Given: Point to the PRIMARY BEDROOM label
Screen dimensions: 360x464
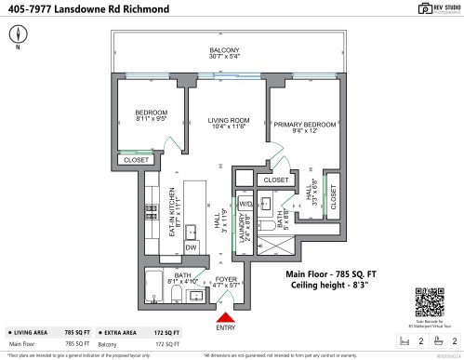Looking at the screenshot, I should click(304, 124).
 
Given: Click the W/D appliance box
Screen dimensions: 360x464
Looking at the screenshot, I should click(245, 203).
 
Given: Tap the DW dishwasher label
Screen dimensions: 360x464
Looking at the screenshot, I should click(190, 247).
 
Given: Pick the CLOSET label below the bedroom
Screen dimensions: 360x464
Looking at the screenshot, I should click(136, 159).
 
